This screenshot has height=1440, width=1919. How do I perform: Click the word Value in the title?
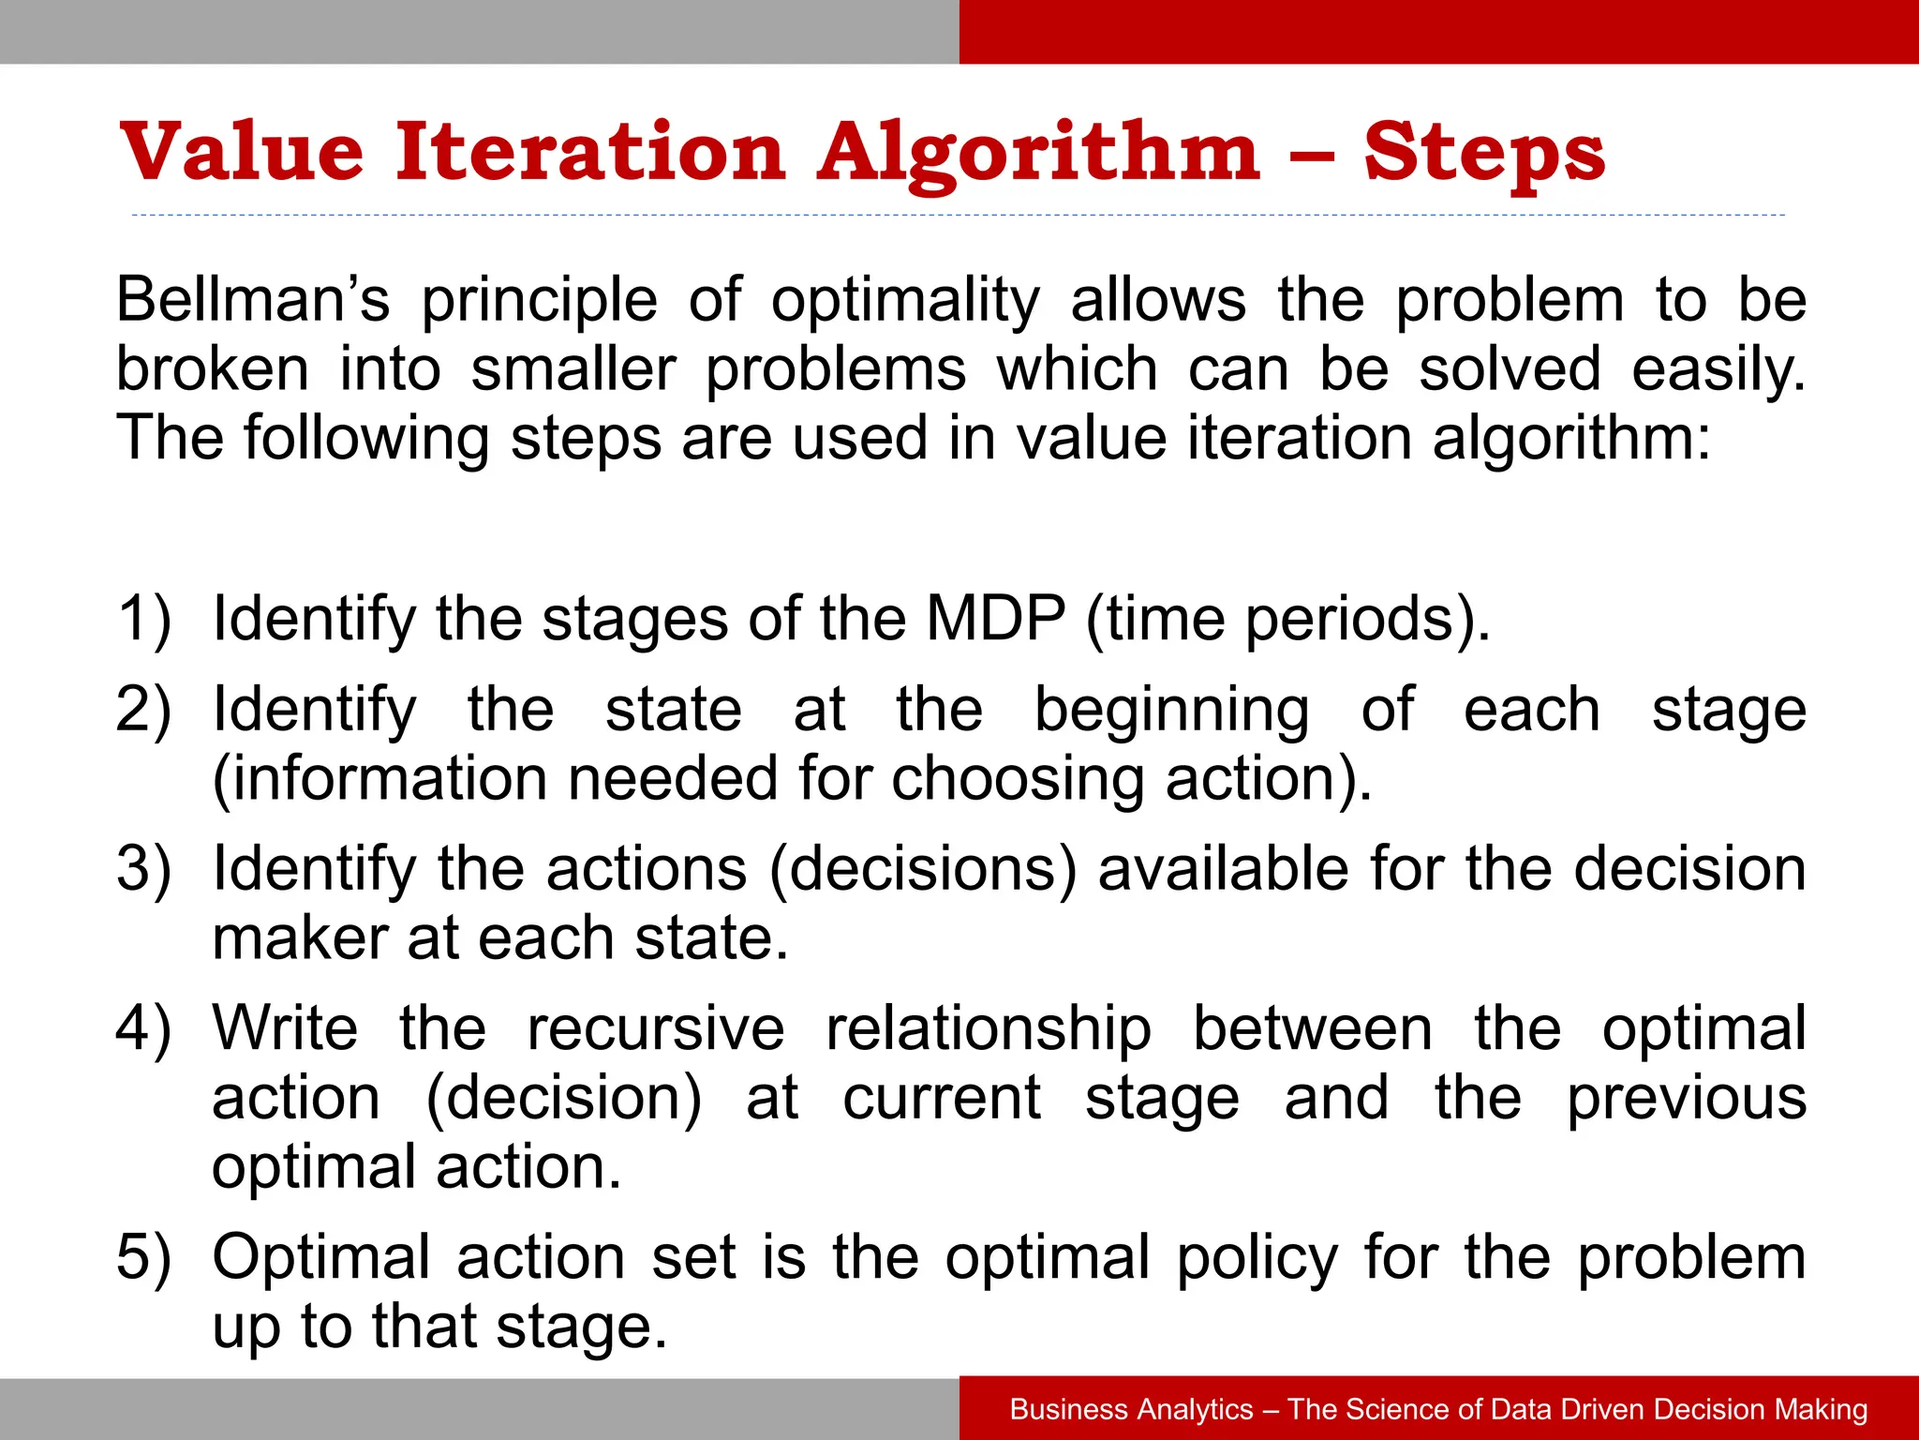pos(242,152)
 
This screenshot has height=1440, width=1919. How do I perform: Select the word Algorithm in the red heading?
pos(1039,154)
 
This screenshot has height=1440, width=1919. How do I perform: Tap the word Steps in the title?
pos(1484,152)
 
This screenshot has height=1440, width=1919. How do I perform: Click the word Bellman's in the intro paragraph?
pos(252,301)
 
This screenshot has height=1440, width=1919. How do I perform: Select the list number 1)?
pos(143,620)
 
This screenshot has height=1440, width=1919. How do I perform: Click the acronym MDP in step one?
pos(995,619)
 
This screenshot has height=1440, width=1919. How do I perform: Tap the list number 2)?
pos(143,710)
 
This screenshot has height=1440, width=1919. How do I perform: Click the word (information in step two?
pos(379,779)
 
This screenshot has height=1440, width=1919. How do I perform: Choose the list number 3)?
pos(143,869)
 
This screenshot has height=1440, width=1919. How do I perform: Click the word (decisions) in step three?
pos(923,869)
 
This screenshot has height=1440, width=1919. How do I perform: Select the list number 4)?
pos(143,1028)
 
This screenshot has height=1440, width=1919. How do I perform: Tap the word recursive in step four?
pos(655,1028)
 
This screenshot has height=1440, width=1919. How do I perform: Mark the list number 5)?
pos(143,1257)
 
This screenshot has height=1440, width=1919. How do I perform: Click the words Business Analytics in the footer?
pos(1131,1409)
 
